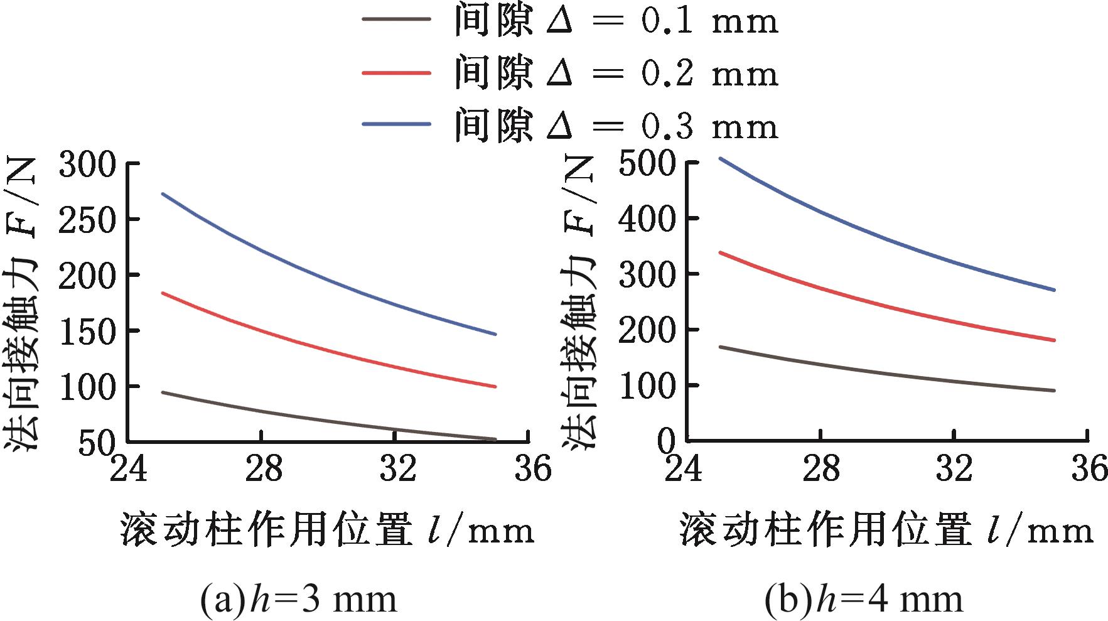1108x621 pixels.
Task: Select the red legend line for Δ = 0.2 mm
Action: (396, 72)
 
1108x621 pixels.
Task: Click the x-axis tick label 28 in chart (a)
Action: (263, 470)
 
